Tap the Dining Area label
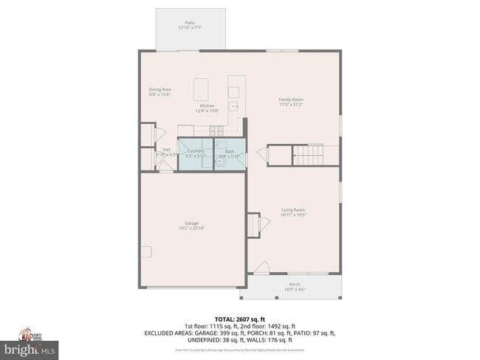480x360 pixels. (x=160, y=89)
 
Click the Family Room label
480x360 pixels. (x=290, y=100)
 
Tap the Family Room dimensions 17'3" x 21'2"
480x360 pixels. (x=290, y=105)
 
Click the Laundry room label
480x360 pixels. (x=196, y=151)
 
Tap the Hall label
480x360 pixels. (x=166, y=150)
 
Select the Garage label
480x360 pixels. (x=191, y=223)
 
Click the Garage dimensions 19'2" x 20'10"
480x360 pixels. (x=191, y=228)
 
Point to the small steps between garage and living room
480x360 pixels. (x=254, y=224)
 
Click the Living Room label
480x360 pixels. (x=293, y=210)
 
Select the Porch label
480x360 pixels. (x=294, y=284)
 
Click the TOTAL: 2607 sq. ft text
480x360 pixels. (x=239, y=318)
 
